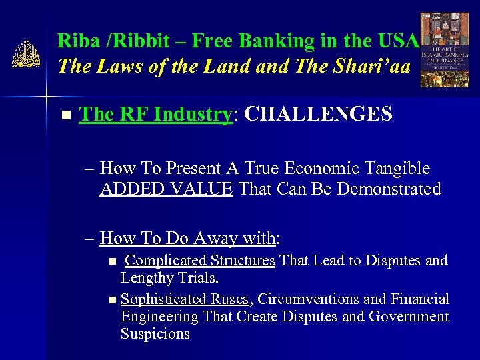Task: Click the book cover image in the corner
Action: click(x=445, y=51)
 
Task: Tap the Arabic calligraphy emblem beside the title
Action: click(x=25, y=55)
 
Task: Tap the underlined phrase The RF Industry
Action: click(x=155, y=114)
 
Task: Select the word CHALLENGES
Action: click(x=318, y=114)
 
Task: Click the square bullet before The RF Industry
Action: click(x=65, y=115)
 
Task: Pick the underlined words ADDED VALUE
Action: click(x=167, y=189)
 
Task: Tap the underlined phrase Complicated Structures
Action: click(x=200, y=260)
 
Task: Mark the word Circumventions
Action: click(x=307, y=299)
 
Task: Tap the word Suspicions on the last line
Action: click(x=155, y=333)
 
